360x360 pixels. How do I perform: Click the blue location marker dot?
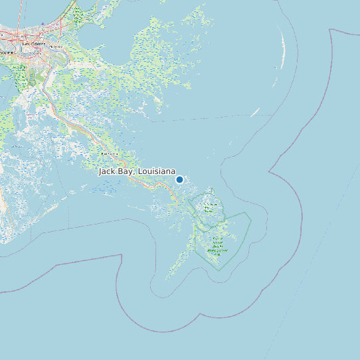[179, 179]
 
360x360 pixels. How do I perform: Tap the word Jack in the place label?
[106, 171]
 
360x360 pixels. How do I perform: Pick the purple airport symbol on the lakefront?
[43, 24]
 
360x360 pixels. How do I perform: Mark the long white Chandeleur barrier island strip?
[284, 50]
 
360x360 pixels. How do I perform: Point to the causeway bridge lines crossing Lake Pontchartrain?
[20, 13]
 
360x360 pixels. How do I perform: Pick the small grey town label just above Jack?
[108, 153]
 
